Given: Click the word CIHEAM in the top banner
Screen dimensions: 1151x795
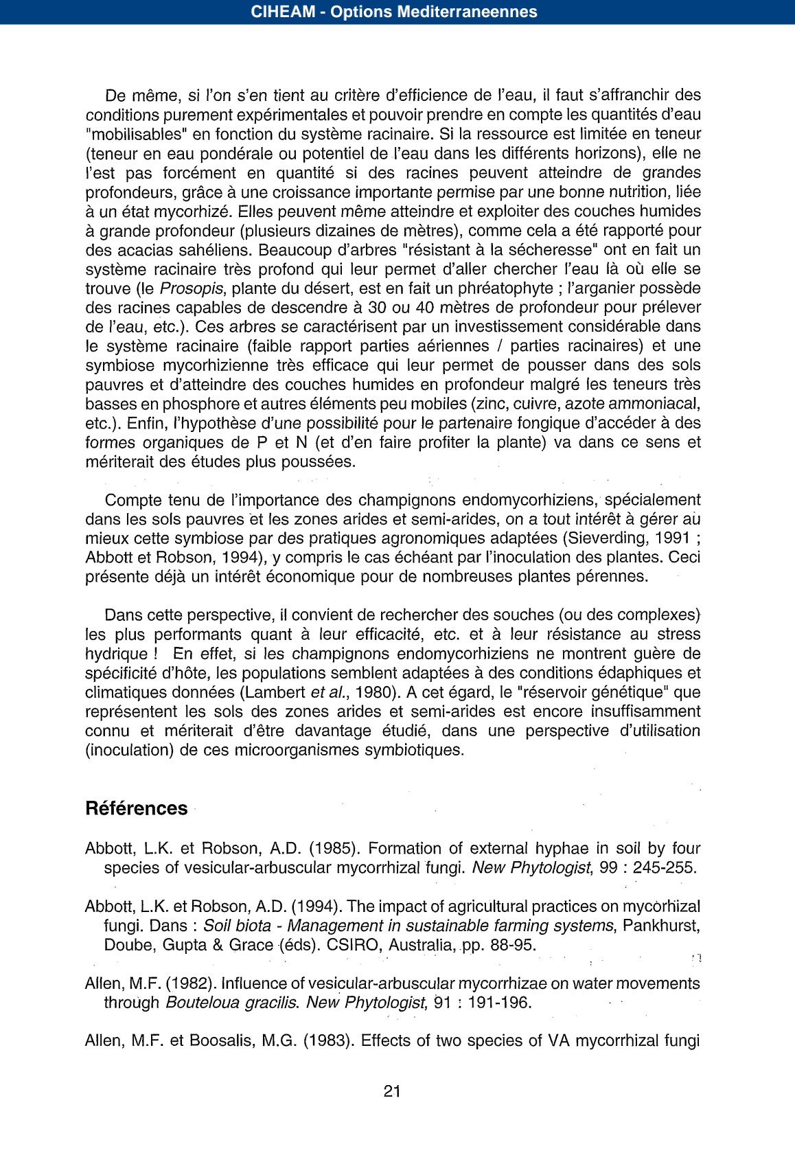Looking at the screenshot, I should click(283, 12).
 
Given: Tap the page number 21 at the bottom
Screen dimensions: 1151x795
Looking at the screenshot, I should click(392, 1091).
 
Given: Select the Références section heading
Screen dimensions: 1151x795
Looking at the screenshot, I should click(136, 808).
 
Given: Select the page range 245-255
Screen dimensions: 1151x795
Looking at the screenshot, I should click(664, 868).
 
